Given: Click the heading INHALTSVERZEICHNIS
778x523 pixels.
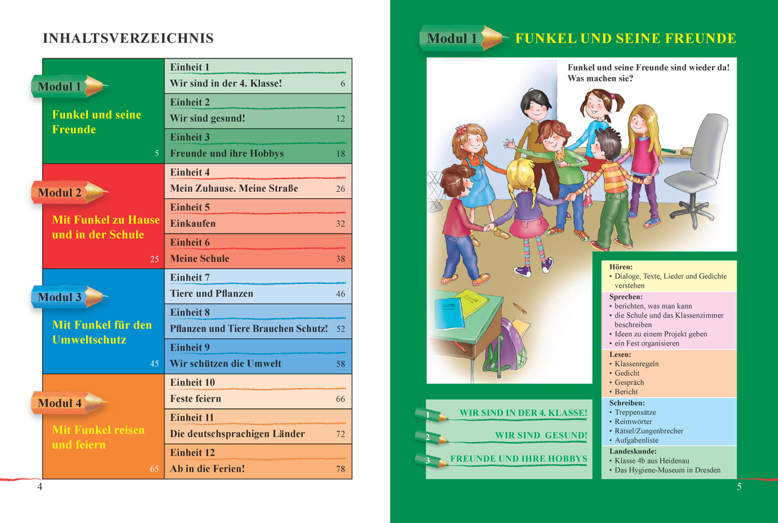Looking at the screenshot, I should pyautogui.click(x=128, y=39).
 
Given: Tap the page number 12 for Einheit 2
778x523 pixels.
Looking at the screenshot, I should pyautogui.click(x=341, y=119).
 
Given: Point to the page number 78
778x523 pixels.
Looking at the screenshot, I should pyautogui.click(x=341, y=469).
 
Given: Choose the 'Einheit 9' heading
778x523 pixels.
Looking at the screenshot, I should pyautogui.click(x=190, y=347).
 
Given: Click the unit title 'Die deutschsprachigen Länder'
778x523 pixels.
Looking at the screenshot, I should pyautogui.click(x=237, y=434).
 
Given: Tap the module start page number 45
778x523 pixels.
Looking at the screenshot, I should pyautogui.click(x=154, y=364).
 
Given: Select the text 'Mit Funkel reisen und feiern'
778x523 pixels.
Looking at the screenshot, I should pyautogui.click(x=98, y=437).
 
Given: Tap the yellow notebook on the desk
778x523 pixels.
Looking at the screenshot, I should pyautogui.click(x=474, y=301).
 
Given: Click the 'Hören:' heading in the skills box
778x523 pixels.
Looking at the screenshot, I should pyautogui.click(x=621, y=267).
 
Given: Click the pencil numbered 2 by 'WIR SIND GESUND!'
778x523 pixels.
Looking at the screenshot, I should pyautogui.click(x=430, y=436).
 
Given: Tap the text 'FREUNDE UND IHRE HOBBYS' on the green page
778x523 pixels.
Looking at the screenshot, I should pyautogui.click(x=519, y=459).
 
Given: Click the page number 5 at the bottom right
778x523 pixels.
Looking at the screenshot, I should pyautogui.click(x=739, y=487).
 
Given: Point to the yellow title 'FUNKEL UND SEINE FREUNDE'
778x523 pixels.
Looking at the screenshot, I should pyautogui.click(x=626, y=39).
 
